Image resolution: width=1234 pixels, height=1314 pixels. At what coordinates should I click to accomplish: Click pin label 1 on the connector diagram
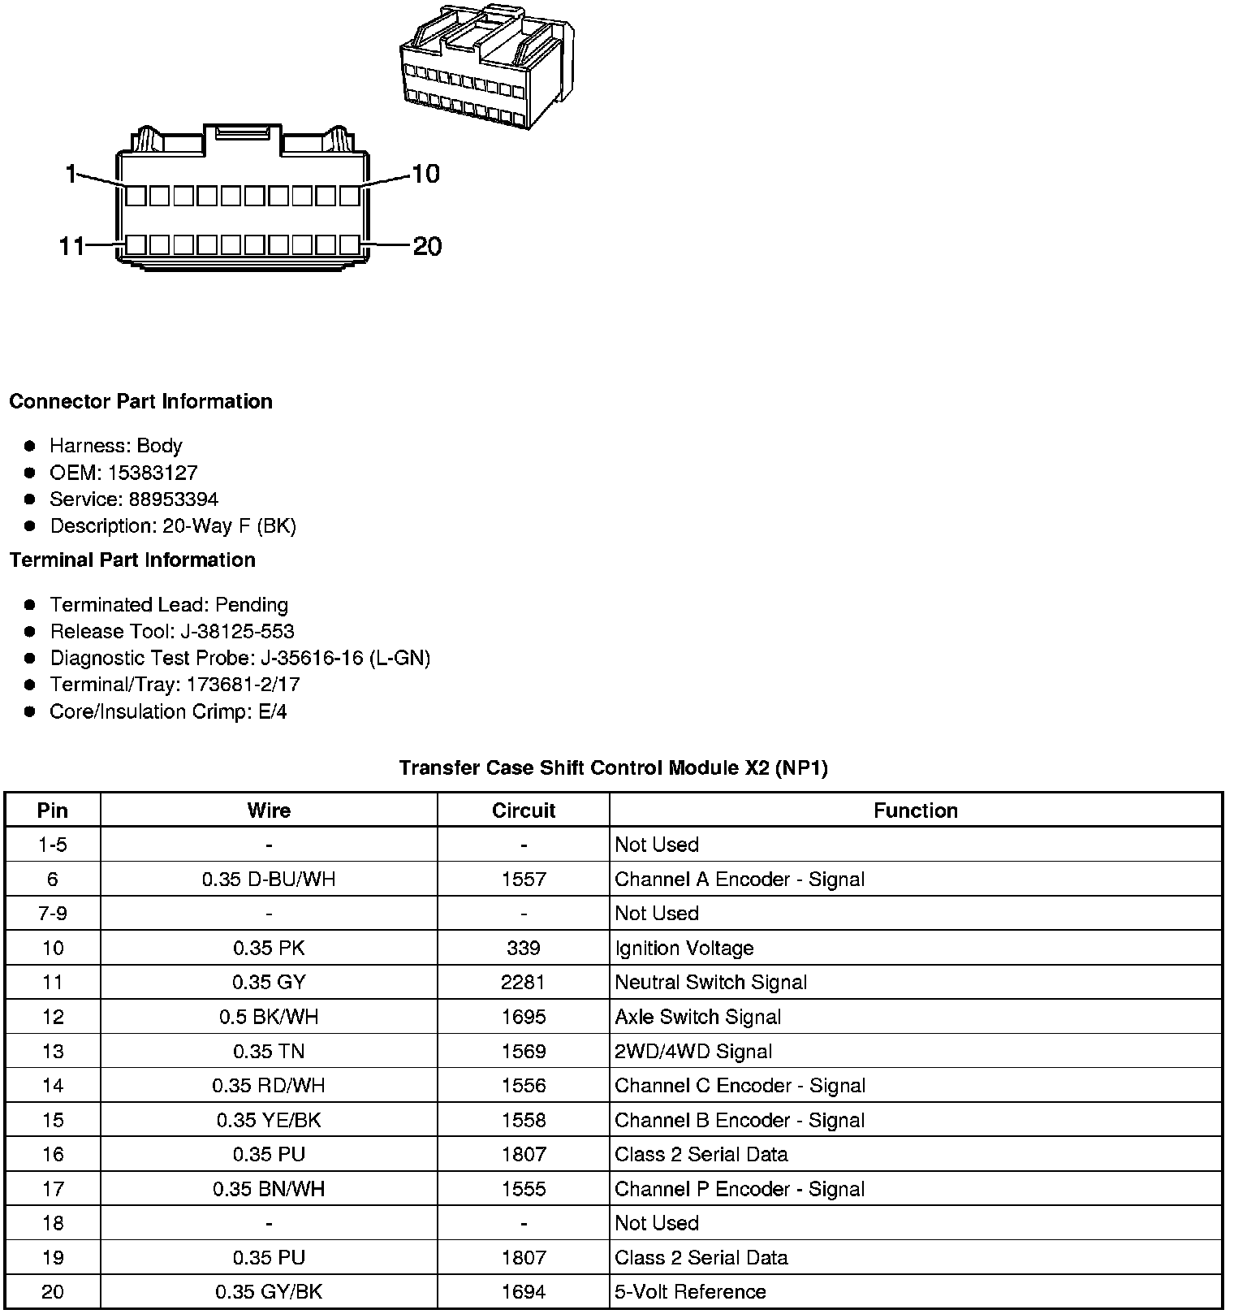click(71, 173)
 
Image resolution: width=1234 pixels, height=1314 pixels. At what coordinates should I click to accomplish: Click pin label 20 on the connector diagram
click(427, 246)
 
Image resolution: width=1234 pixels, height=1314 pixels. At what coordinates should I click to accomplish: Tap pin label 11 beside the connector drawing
click(71, 246)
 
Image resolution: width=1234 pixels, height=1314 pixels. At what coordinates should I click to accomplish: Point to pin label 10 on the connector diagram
click(425, 173)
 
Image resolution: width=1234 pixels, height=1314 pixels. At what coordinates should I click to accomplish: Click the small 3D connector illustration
click(485, 67)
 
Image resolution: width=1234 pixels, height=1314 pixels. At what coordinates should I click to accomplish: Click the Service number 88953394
click(174, 499)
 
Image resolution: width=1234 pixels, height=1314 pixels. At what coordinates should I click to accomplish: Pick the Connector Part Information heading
click(140, 401)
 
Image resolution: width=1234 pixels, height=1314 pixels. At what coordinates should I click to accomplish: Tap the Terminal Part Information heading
click(132, 560)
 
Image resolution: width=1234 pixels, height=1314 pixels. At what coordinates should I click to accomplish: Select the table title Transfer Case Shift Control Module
click(613, 768)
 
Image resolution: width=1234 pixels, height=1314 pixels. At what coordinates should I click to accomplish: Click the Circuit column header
click(524, 810)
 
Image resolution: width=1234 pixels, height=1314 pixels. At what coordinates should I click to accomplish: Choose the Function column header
click(915, 810)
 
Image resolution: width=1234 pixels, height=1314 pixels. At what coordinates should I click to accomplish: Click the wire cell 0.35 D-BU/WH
click(269, 880)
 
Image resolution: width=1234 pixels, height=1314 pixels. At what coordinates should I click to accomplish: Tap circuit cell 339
click(524, 948)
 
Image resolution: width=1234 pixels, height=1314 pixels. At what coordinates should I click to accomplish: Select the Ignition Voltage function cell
click(684, 948)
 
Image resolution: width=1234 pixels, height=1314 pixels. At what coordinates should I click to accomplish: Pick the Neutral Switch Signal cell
click(711, 983)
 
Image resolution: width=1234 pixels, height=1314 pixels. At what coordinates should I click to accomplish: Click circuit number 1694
click(524, 1291)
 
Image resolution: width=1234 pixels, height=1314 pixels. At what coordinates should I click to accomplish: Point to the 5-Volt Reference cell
click(691, 1291)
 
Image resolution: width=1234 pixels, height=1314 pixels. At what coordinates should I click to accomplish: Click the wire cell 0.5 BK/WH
click(269, 1017)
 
